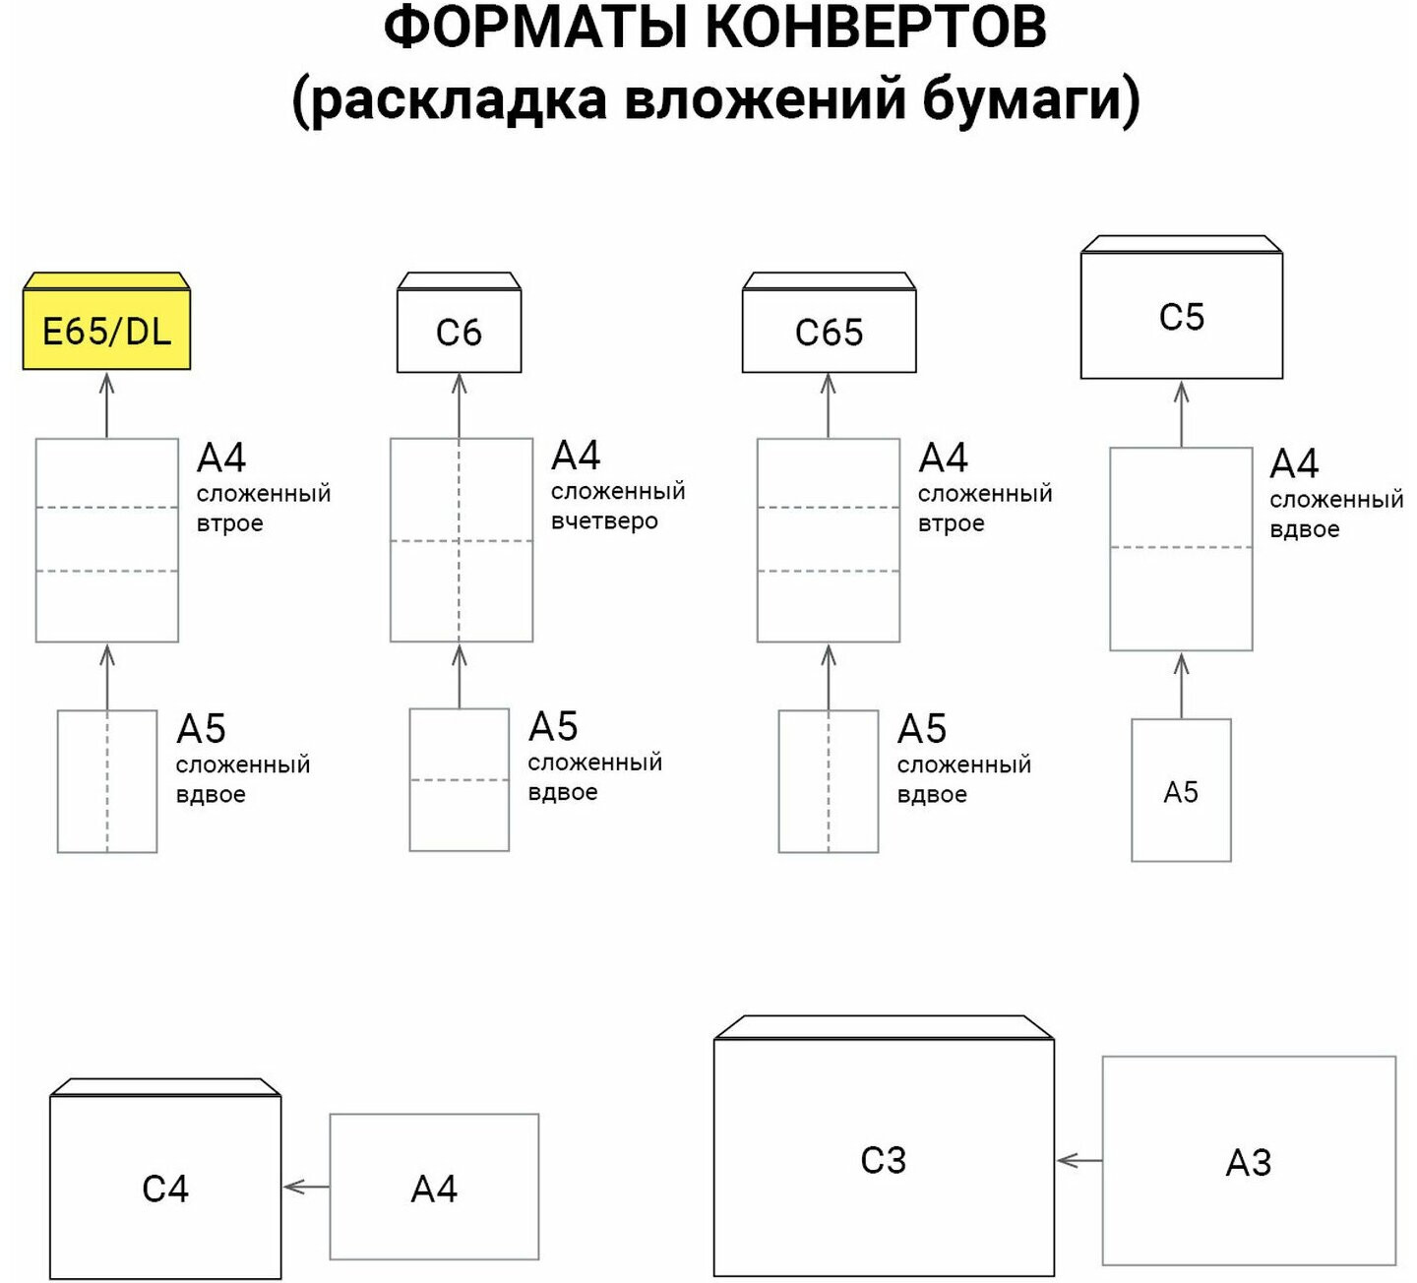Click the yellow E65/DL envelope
106,331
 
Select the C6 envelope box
459,332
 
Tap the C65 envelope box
829,332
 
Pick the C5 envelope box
1181,316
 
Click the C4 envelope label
165,1189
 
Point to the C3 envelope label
883,1160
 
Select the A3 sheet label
1248,1163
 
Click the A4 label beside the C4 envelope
434,1189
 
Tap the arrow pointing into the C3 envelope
1078,1161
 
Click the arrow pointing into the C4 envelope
305,1188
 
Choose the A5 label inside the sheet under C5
1181,792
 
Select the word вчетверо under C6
604,521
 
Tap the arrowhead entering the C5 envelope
1182,393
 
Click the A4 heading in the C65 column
943,458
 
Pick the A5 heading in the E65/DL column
201,729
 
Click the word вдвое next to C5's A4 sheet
1304,529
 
